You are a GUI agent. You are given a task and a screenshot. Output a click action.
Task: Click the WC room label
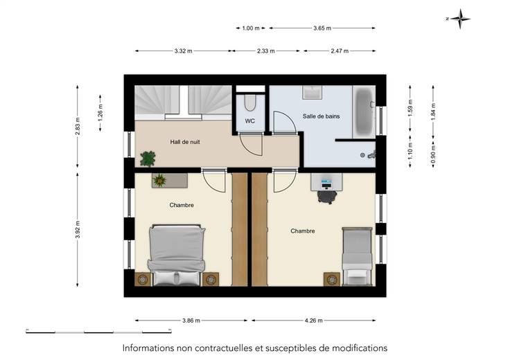pyautogui.click(x=249, y=121)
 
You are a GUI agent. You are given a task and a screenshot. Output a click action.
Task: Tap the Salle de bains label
pyautogui.click(x=321, y=116)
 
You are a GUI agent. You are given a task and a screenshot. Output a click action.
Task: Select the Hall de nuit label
pyautogui.click(x=185, y=142)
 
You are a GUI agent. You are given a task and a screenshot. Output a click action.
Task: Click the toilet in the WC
pyautogui.click(x=249, y=102)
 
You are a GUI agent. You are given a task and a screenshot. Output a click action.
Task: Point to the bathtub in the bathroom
pyautogui.click(x=364, y=112)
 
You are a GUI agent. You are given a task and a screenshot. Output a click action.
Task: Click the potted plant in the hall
pyautogui.click(x=148, y=159)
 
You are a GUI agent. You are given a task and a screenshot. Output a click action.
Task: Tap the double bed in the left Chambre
pyautogui.click(x=177, y=255)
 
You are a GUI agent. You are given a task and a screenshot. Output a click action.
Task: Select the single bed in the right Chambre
pyautogui.click(x=357, y=257)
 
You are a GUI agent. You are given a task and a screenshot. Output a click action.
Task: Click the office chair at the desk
pyautogui.click(x=327, y=197)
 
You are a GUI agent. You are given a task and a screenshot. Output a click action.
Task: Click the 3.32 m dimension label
pyautogui.click(x=183, y=51)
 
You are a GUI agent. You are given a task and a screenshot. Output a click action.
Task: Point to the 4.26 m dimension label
pyautogui.click(x=313, y=321)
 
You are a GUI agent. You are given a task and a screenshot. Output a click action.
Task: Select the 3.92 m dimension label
pyautogui.click(x=78, y=229)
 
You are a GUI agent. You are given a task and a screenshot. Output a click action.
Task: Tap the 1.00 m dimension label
pyautogui.click(x=251, y=28)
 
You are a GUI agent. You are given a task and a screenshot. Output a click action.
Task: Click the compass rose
pyautogui.click(x=459, y=19)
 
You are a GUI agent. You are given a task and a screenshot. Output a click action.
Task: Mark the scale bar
pyautogui.click(x=98, y=331)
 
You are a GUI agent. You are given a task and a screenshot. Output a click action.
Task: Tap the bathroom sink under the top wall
pyautogui.click(x=313, y=93)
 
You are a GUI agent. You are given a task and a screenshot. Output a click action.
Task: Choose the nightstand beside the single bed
pyautogui.click(x=332, y=280)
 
